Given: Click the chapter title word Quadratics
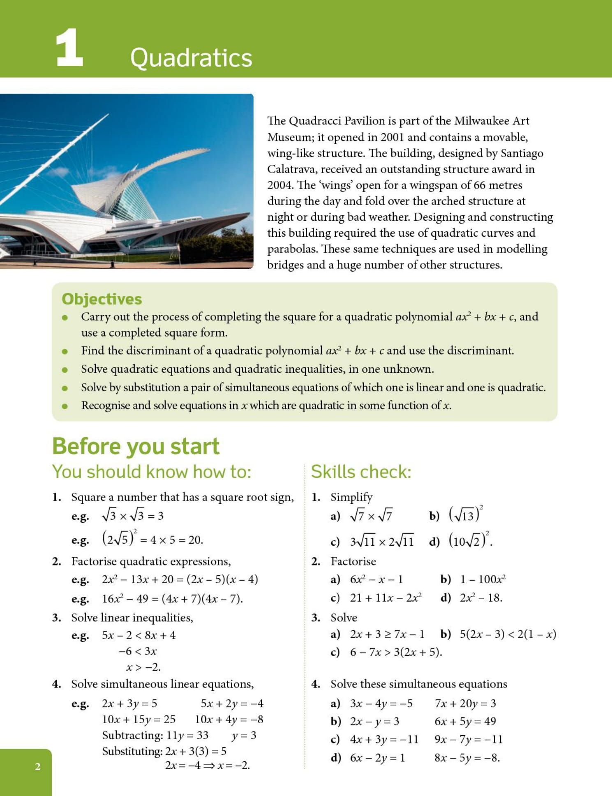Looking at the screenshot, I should click(191, 58).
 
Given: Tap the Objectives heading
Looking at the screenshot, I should click(102, 299).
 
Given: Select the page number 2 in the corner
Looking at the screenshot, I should click(38, 766).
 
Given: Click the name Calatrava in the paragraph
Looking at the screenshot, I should click(291, 169).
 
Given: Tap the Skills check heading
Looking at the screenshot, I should click(361, 471).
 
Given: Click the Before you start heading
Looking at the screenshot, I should click(136, 446).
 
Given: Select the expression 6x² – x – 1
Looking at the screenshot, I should click(376, 579).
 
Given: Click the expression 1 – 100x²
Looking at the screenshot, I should click(483, 579).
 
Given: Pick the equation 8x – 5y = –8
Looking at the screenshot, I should click(467, 757).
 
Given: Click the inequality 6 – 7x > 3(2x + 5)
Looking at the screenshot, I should click(396, 652).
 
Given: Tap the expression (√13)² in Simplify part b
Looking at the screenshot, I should click(465, 515).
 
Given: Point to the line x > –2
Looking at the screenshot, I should click(143, 667).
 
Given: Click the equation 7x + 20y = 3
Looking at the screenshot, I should click(465, 704).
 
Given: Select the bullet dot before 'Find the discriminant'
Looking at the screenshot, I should click(65, 351).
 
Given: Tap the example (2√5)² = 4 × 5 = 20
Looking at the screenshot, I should click(152, 539).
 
